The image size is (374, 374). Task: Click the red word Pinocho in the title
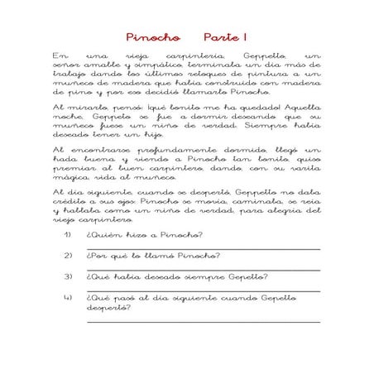click(x=153, y=37)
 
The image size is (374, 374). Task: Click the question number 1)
click(x=68, y=234)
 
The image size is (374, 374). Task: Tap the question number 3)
click(x=68, y=277)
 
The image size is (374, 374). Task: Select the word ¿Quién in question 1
click(x=102, y=234)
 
